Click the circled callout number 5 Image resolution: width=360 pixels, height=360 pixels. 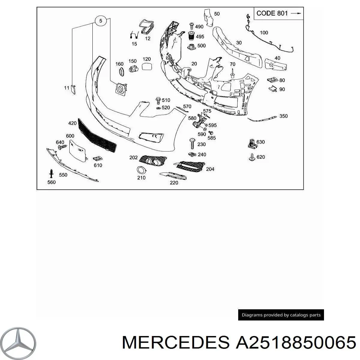(x=101, y=21)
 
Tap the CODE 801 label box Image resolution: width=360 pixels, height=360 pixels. (x=279, y=13)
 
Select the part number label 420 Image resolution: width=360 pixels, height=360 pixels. (x=72, y=123)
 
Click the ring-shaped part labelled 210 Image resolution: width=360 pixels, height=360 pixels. (x=140, y=170)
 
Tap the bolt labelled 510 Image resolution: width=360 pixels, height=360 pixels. (x=158, y=100)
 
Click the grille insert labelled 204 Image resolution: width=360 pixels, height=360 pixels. (x=190, y=166)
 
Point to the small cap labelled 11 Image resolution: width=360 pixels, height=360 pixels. (x=73, y=89)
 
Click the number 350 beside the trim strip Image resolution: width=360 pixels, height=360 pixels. (x=283, y=116)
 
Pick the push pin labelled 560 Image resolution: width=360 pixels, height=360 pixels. (x=52, y=173)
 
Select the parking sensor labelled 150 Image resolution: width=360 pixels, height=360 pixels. (x=133, y=69)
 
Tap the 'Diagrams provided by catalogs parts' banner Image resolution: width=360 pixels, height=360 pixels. (x=281, y=315)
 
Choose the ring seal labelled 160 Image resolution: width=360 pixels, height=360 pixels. (x=121, y=72)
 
